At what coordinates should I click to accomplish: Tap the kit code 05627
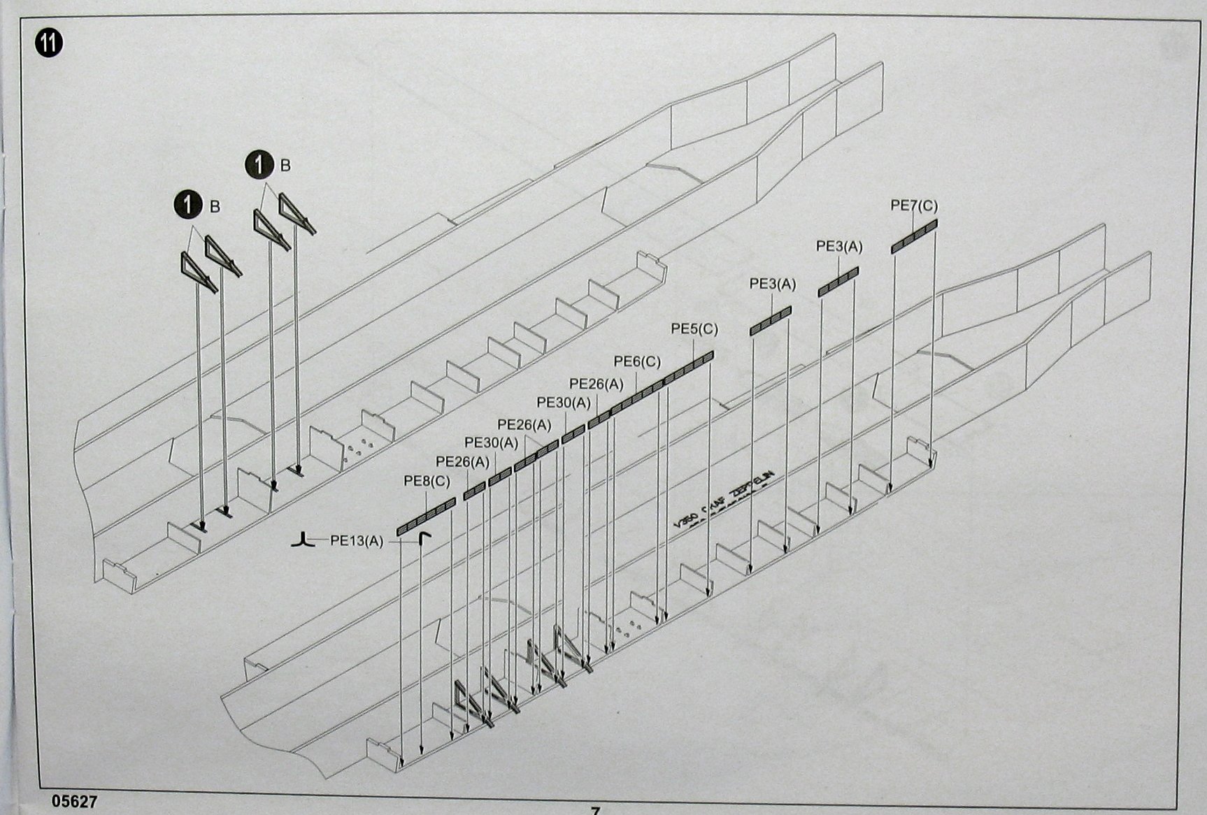(x=73, y=802)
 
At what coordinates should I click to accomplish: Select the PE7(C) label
(x=914, y=205)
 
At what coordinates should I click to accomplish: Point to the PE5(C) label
(x=694, y=329)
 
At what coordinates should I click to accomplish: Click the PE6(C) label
(x=637, y=361)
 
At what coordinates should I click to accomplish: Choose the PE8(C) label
(x=427, y=482)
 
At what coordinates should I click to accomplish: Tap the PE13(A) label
(x=357, y=540)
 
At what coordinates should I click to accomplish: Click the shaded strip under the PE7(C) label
(x=914, y=236)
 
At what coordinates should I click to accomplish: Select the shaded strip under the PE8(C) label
(x=426, y=516)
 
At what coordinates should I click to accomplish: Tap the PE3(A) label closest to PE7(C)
(x=839, y=246)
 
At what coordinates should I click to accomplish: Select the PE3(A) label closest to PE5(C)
(x=773, y=284)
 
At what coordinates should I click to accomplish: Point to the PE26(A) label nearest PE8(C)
(x=462, y=461)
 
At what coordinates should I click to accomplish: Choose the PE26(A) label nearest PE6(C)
(x=597, y=384)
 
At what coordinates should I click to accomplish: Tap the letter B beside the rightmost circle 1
(x=285, y=166)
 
